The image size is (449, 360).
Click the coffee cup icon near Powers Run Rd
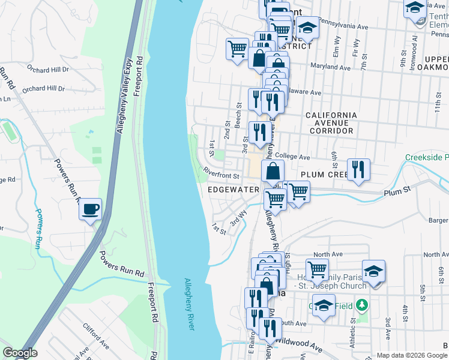[x=90, y=209]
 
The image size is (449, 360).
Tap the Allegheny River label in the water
[x=189, y=304]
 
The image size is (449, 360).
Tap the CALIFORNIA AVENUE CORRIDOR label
[x=331, y=122]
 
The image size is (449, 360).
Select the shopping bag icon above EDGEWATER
[x=273, y=170]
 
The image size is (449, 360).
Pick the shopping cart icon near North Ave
[x=317, y=269]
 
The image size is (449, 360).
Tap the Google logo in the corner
[x=20, y=353]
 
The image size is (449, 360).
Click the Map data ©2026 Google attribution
[x=412, y=355]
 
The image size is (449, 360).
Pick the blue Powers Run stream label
[x=40, y=227]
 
